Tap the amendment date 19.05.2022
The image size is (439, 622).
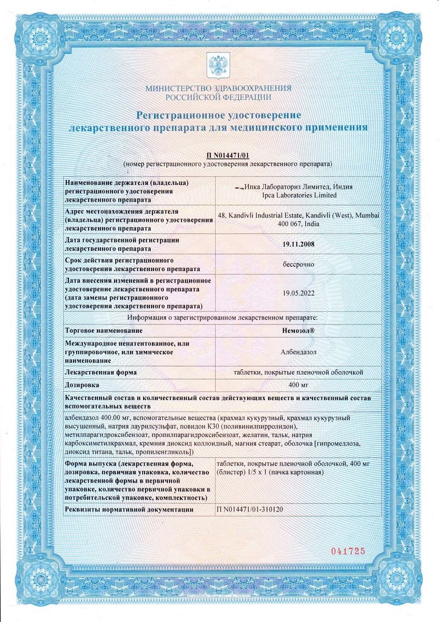[298, 292]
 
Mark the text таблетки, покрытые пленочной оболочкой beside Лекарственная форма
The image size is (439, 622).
[295, 372]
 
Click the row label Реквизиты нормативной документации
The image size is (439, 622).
[129, 510]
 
